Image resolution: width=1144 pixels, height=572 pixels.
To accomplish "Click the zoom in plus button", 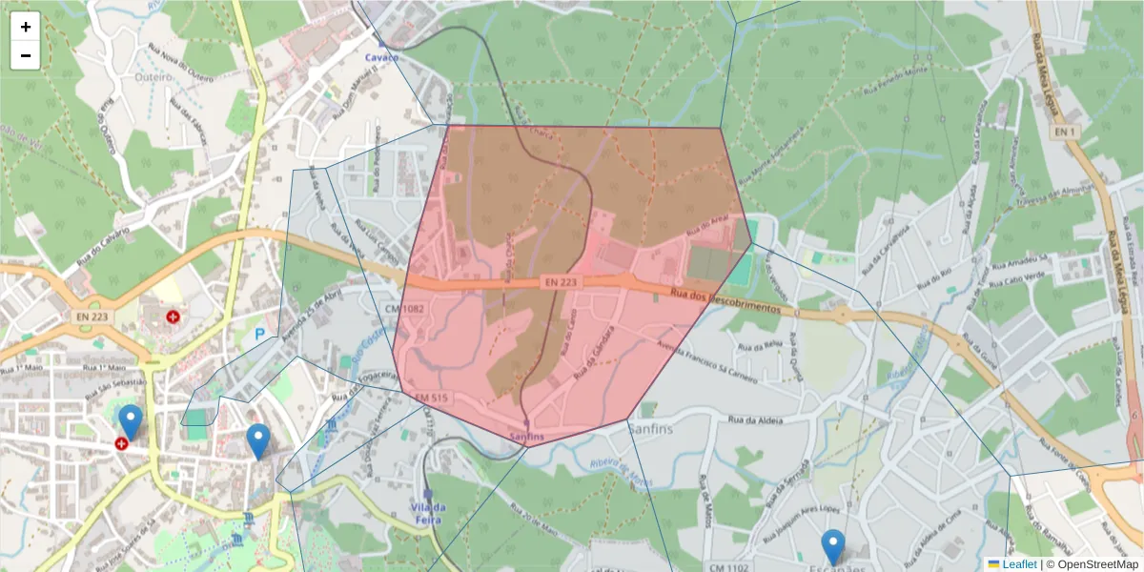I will tap(26, 27).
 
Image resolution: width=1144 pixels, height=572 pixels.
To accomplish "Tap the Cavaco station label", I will tap(383, 57).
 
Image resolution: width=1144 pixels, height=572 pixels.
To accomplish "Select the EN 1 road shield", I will tap(1065, 131).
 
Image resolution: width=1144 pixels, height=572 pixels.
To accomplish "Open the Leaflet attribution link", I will tap(1018, 564).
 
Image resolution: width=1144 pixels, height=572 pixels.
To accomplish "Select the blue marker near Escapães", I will tap(833, 547).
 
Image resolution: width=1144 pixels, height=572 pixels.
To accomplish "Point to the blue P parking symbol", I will tap(260, 335).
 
